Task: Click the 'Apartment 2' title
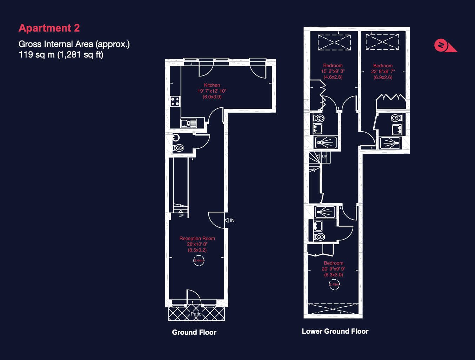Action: [49, 28]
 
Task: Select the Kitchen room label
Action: [212, 85]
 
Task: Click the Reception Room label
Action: [197, 239]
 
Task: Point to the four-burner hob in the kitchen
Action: [175, 101]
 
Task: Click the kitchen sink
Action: [189, 123]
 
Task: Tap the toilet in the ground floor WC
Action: [179, 148]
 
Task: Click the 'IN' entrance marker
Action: [232, 220]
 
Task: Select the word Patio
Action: [196, 314]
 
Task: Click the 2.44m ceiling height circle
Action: [199, 260]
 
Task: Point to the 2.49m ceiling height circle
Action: [334, 284]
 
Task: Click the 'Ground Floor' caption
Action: [194, 332]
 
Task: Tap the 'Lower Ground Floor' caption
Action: [335, 331]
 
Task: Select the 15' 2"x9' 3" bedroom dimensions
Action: [333, 71]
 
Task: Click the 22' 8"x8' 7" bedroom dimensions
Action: [383, 72]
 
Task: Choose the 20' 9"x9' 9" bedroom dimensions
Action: [334, 269]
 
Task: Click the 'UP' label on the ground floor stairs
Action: [181, 215]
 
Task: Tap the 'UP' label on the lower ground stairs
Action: [325, 157]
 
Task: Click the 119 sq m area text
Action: [61, 55]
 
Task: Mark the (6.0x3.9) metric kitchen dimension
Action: [212, 97]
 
